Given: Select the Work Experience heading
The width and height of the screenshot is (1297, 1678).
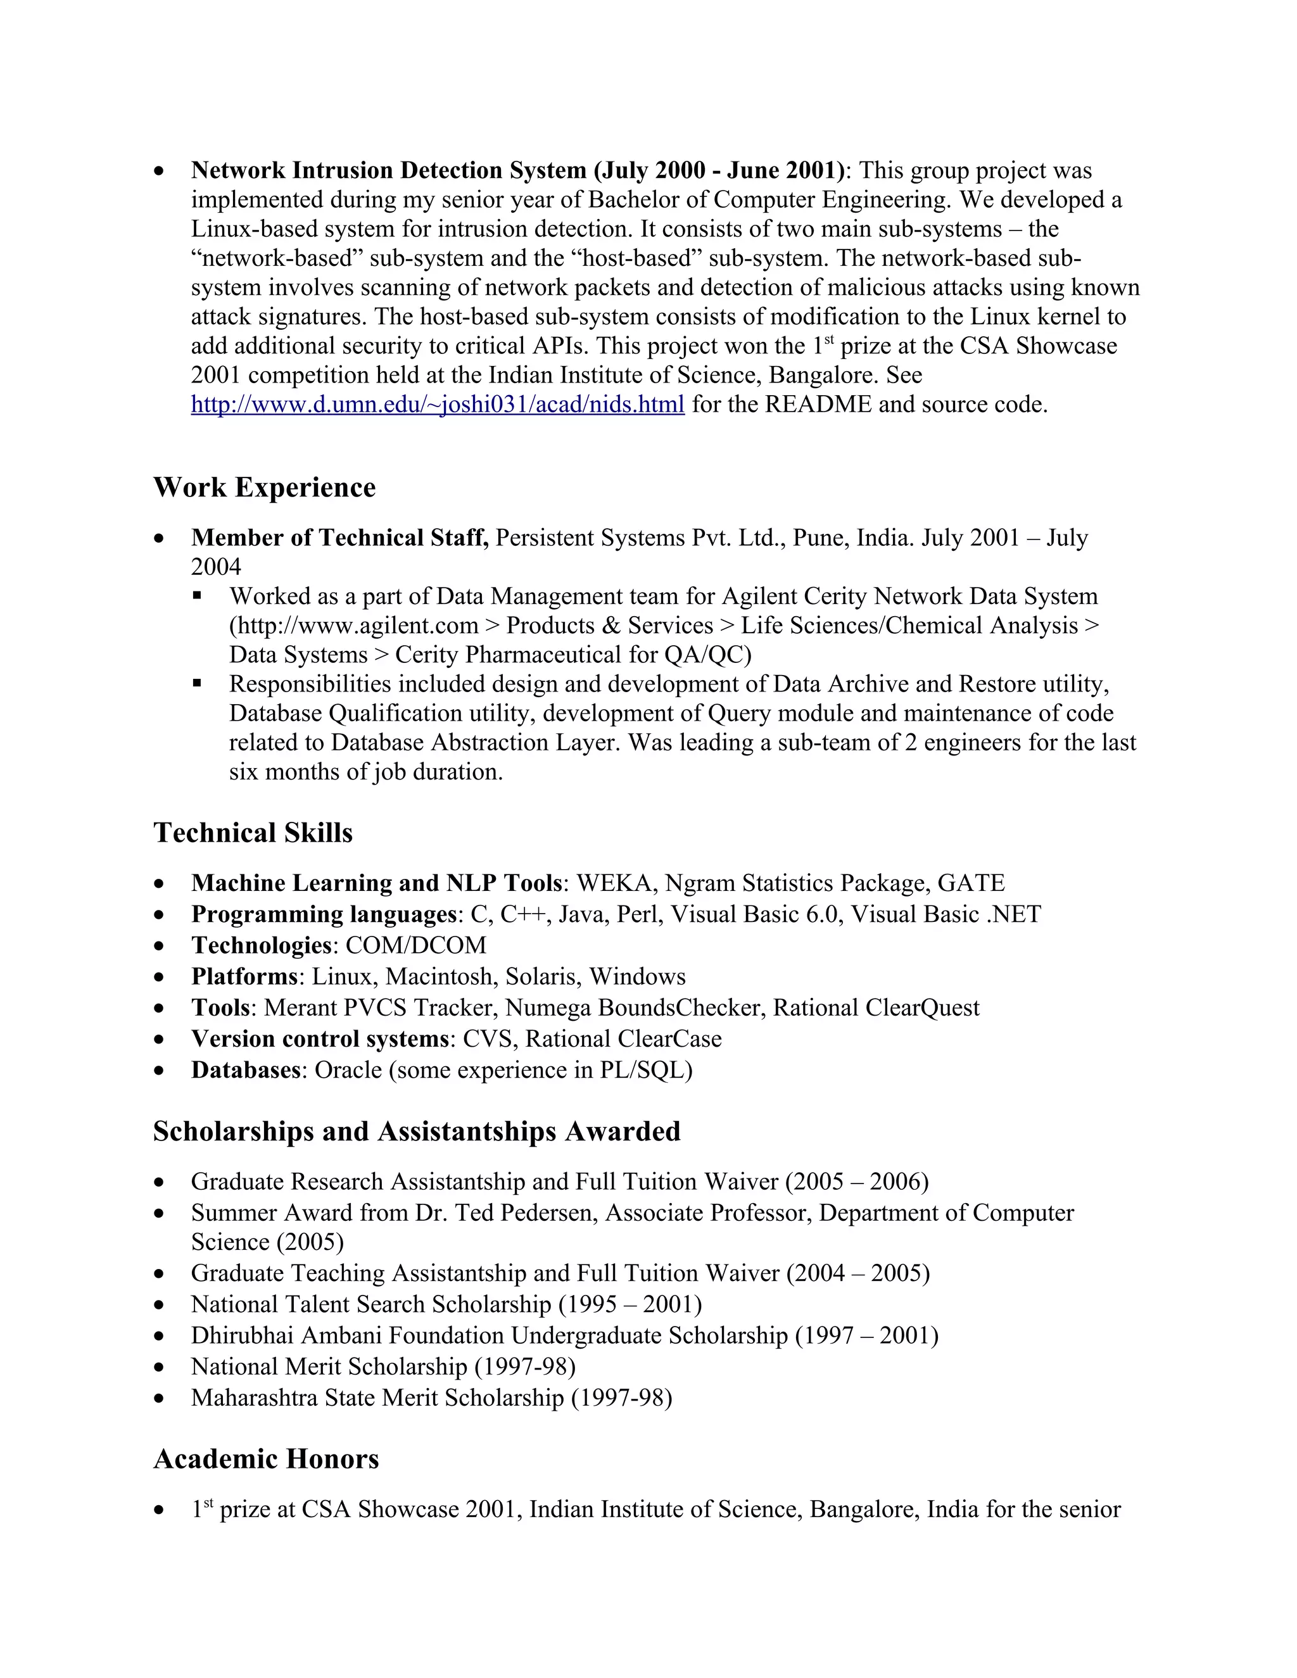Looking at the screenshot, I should [264, 487].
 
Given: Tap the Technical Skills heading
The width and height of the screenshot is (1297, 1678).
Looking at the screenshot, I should [253, 833].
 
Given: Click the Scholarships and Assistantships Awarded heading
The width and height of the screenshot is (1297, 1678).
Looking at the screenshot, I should [417, 1132].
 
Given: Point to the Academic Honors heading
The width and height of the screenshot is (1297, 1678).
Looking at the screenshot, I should [266, 1459].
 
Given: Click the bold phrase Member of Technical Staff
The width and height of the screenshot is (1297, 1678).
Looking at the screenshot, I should [339, 538].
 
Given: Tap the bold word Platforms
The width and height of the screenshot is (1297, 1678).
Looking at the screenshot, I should [244, 976].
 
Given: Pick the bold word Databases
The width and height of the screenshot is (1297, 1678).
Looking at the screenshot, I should [245, 1070].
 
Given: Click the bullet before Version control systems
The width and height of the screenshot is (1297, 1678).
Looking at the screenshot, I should [159, 1040].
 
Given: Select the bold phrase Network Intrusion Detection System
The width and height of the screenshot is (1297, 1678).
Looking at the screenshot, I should [388, 170].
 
